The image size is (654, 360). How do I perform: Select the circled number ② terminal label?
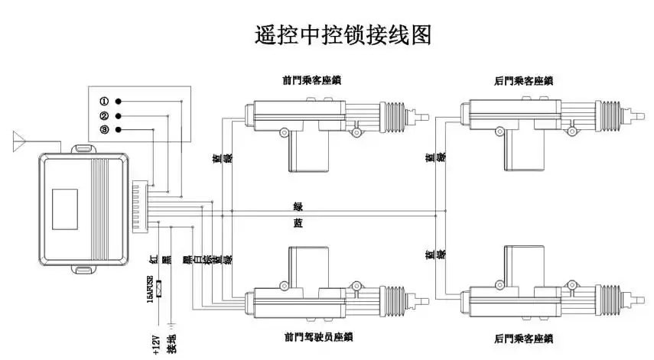click(x=104, y=116)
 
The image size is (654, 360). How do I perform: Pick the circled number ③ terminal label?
click(x=104, y=131)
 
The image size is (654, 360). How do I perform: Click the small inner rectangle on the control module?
click(x=65, y=207)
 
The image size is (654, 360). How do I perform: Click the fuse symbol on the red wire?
click(x=160, y=289)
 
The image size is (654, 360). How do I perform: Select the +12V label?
click(x=155, y=342)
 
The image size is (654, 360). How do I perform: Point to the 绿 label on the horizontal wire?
click(x=298, y=206)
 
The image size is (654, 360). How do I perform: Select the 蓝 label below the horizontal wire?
click(x=298, y=222)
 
